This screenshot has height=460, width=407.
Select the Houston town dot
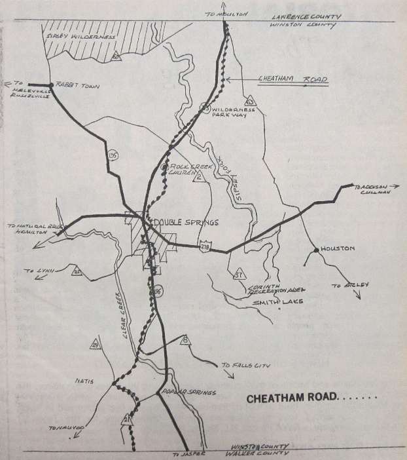point(316,250)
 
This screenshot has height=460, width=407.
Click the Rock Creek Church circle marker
point(164,168)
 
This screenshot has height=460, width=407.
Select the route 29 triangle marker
point(96,345)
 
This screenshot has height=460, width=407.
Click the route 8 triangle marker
point(185,339)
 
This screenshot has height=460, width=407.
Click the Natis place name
point(86,379)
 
